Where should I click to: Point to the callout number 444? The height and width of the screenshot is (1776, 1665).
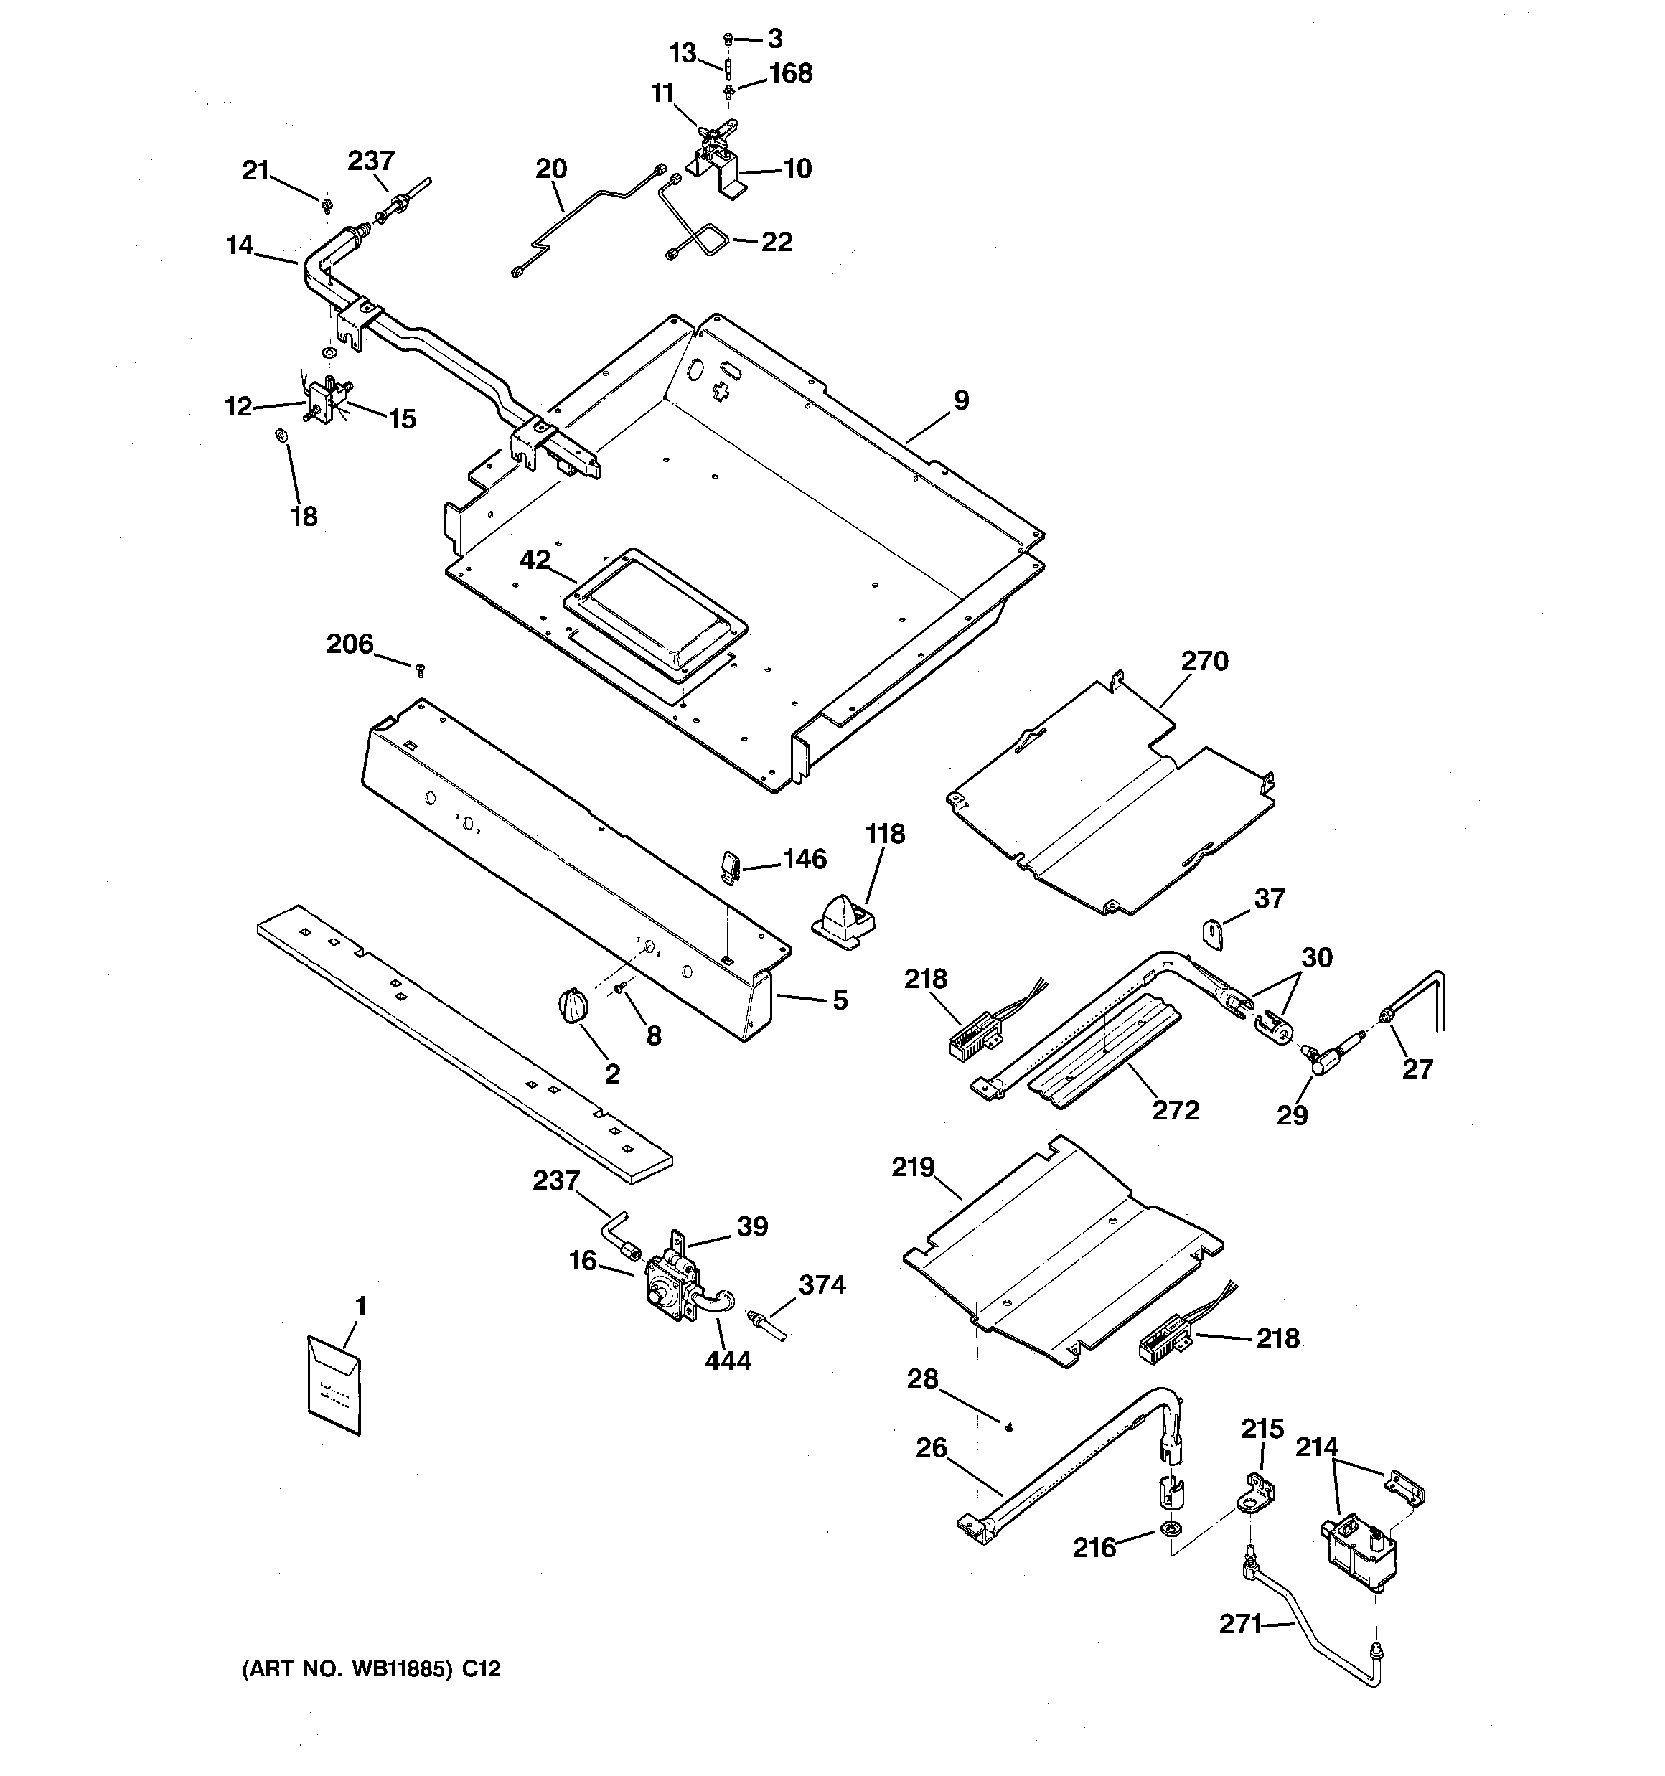pyautogui.click(x=728, y=1361)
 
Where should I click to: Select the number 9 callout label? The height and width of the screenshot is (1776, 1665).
pyautogui.click(x=961, y=400)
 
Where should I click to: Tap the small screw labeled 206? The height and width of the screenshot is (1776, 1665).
pyautogui.click(x=420, y=667)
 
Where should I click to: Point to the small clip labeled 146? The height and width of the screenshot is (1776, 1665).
pyautogui.click(x=728, y=865)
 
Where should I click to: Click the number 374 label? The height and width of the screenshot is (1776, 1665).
pyautogui.click(x=821, y=1284)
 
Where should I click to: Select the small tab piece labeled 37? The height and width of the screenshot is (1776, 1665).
pyautogui.click(x=1213, y=932)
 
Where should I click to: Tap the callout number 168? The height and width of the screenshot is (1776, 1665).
pyautogui.click(x=790, y=73)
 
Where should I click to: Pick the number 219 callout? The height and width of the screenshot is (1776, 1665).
pyautogui.click(x=912, y=1167)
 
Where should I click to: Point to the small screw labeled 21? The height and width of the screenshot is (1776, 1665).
pyautogui.click(x=327, y=207)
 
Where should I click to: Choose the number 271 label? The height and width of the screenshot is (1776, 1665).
pyautogui.click(x=1239, y=1624)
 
